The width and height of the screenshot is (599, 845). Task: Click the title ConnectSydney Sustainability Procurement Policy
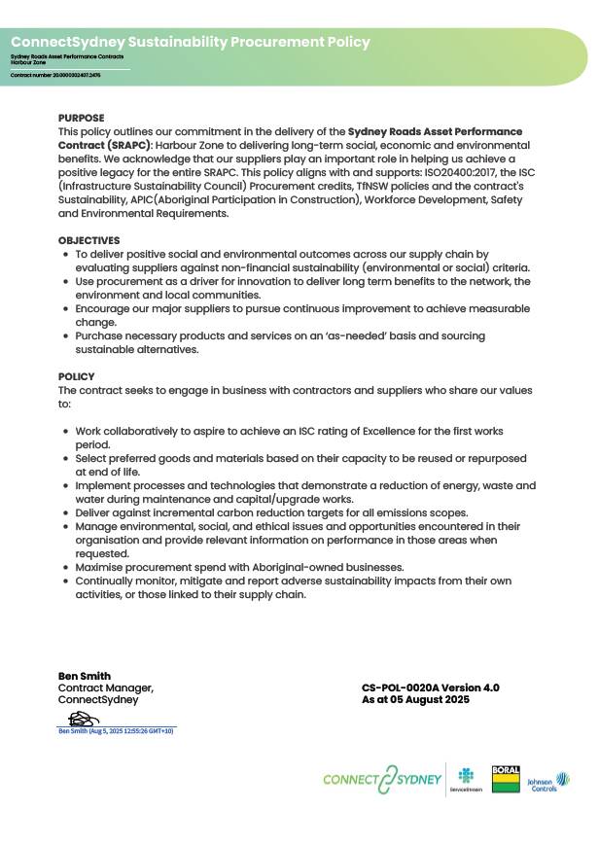(191, 42)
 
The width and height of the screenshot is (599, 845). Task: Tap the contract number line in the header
(55, 75)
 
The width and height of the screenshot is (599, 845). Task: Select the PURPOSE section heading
(81, 118)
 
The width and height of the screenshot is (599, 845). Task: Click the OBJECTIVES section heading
(89, 240)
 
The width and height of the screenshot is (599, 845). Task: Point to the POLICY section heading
(77, 376)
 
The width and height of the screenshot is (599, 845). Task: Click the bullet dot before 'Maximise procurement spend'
(65, 567)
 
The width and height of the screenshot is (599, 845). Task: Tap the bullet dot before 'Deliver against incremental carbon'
(65, 512)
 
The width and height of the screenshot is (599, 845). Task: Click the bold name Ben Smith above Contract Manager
(85, 676)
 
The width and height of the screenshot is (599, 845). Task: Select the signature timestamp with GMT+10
(117, 730)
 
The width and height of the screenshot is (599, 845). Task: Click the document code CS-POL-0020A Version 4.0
(430, 687)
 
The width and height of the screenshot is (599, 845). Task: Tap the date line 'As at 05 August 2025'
(415, 699)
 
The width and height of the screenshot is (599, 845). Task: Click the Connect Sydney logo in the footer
(381, 780)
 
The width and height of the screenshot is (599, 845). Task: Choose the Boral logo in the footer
(506, 779)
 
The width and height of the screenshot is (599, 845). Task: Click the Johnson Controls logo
(547, 781)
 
